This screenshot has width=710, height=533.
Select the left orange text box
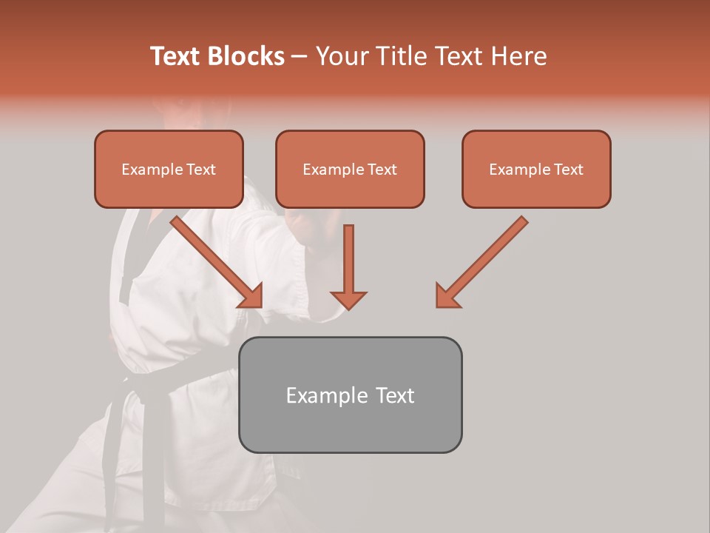tap(169, 169)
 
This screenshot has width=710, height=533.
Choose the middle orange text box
tap(350, 169)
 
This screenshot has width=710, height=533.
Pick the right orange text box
tap(536, 169)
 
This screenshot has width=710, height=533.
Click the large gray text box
tap(350, 395)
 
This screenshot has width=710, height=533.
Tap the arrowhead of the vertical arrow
tap(348, 299)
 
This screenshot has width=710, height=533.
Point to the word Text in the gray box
tap(396, 395)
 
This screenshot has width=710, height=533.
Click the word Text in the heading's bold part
tap(177, 56)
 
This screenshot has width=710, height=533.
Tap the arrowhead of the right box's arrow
tap(447, 296)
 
